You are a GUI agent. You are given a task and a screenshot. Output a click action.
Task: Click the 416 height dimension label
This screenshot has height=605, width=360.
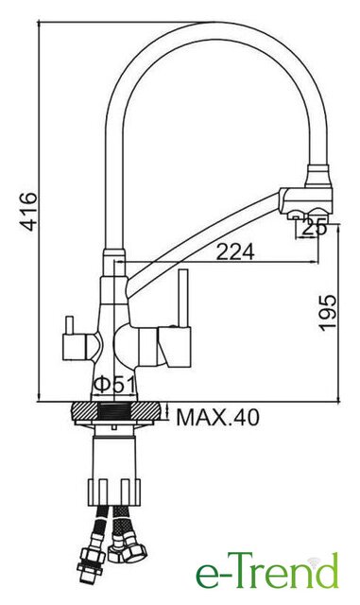[x=28, y=212]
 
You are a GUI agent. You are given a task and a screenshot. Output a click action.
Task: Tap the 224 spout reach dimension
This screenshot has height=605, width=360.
[x=235, y=252]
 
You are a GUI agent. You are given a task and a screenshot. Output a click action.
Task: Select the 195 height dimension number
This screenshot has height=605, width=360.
[x=328, y=313]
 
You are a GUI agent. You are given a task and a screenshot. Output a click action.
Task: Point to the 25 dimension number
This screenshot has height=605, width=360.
[x=315, y=228]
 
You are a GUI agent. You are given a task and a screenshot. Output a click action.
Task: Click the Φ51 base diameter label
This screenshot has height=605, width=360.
[x=114, y=385]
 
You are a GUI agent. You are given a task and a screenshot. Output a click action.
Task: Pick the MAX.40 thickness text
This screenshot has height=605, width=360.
[x=217, y=417]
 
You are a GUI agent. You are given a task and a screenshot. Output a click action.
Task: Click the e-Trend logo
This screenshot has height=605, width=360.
[x=267, y=571]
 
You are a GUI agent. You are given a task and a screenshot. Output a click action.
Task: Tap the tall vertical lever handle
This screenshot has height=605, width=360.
[x=183, y=299]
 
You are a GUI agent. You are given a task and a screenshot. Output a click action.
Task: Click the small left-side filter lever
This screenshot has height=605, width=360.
[x=70, y=325]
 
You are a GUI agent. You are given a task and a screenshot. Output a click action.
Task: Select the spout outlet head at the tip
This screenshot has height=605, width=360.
[x=306, y=200]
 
